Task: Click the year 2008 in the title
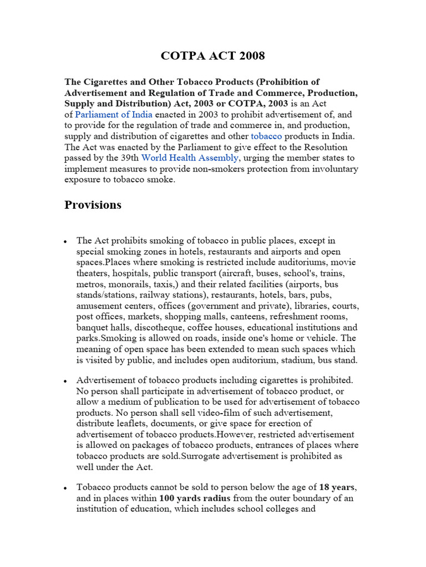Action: tap(251, 55)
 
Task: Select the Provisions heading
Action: tap(93, 205)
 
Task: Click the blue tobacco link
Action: tap(266, 136)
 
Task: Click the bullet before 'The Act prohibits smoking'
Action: tap(66, 242)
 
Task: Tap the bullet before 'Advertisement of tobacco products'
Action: tap(66, 382)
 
